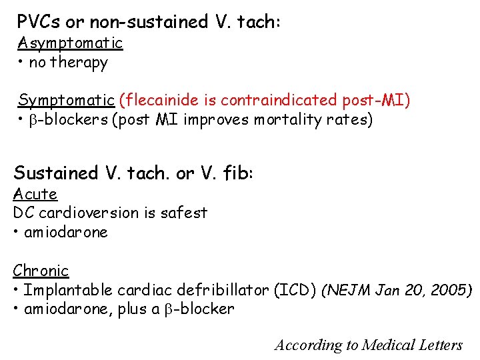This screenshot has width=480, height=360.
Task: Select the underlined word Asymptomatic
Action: click(70, 43)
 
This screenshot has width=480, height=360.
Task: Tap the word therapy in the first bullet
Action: click(79, 63)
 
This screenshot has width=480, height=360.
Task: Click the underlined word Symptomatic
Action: click(66, 100)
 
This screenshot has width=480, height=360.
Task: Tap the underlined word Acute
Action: click(35, 194)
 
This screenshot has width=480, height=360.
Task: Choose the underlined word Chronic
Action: click(41, 271)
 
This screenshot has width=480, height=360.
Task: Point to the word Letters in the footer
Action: click(439, 345)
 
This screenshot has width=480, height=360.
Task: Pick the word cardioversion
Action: click(83, 213)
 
